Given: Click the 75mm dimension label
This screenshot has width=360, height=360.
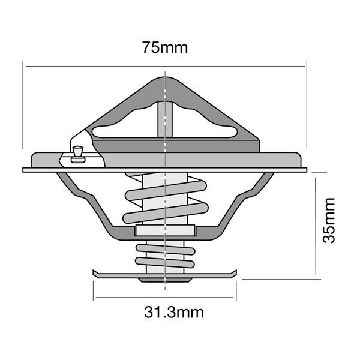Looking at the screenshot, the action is tap(165, 47).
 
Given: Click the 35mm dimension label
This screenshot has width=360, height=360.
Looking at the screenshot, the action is tap(329, 220).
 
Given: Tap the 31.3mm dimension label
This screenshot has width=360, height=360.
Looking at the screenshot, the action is tap(174, 312).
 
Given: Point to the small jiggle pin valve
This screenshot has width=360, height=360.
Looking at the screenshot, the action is tap(78, 155).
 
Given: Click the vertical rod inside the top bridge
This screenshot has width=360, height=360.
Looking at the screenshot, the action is tap(165, 119).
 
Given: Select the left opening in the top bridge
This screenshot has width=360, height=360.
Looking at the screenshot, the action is tap(125, 123).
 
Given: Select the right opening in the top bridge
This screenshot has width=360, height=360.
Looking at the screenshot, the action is tap(205, 123).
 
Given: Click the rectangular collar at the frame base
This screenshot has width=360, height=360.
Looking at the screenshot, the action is tap(165, 230).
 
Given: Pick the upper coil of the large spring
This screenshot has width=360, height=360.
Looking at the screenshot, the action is tap(166, 190).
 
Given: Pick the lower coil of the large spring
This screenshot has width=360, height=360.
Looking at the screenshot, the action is tap(166, 213).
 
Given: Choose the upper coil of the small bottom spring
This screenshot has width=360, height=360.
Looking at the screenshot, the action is tap(166, 250).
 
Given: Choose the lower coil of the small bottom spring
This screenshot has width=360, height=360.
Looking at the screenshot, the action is tap(165, 262).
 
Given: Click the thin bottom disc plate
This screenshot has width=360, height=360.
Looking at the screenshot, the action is tap(164, 274).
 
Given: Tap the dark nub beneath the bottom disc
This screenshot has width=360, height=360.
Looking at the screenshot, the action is tap(165, 280).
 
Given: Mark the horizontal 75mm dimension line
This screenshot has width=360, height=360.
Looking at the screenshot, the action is tap(166, 67).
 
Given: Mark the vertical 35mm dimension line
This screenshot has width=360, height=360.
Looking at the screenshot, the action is tap(316, 226).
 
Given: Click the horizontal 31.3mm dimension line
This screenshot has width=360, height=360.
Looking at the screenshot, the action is tap(164, 298).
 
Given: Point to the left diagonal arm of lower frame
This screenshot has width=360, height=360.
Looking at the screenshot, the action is tap(84, 200).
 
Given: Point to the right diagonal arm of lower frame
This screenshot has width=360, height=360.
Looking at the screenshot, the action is tap(246, 200).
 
